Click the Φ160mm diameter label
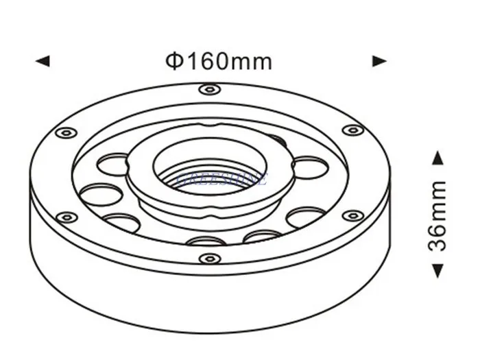[x=219, y=61]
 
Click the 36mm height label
[x=437, y=215]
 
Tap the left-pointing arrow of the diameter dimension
[x=43, y=61]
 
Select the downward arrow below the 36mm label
[x=437, y=272]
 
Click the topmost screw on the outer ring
[x=209, y=89]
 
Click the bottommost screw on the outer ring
[x=209, y=259]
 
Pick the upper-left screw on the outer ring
[x=67, y=132]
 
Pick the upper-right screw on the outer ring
[x=352, y=130]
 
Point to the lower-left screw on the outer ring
[x=67, y=217]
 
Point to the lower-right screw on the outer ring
[x=352, y=216]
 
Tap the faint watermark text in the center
[x=221, y=180]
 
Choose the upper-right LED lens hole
[x=309, y=167]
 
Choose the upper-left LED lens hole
[x=114, y=165]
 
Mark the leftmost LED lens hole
[x=101, y=194]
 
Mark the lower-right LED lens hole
[x=305, y=217]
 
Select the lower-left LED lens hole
[x=123, y=222]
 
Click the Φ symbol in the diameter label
[x=173, y=61]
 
